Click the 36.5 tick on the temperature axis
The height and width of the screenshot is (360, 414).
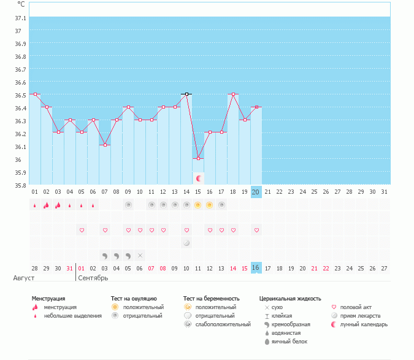[x=20, y=95]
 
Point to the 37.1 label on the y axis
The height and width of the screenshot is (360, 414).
[x=20, y=18]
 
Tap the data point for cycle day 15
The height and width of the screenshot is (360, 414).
[x=198, y=158]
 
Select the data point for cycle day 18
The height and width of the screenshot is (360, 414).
[x=233, y=94]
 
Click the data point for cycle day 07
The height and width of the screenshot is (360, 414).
[x=105, y=145]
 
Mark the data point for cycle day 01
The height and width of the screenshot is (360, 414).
[x=35, y=94]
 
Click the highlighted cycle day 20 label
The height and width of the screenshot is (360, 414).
[x=256, y=192]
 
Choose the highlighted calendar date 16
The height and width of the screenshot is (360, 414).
[x=256, y=268]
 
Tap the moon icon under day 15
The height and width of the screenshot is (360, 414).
[x=198, y=178]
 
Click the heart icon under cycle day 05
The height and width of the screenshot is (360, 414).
[x=82, y=230]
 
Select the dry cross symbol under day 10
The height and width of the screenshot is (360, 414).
[x=140, y=255]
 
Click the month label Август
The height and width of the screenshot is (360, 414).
[x=23, y=278]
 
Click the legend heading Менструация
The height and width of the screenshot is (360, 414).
[x=48, y=299]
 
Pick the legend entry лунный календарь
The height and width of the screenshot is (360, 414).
[x=364, y=324]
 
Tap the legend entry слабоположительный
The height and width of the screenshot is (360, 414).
[x=215, y=324]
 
